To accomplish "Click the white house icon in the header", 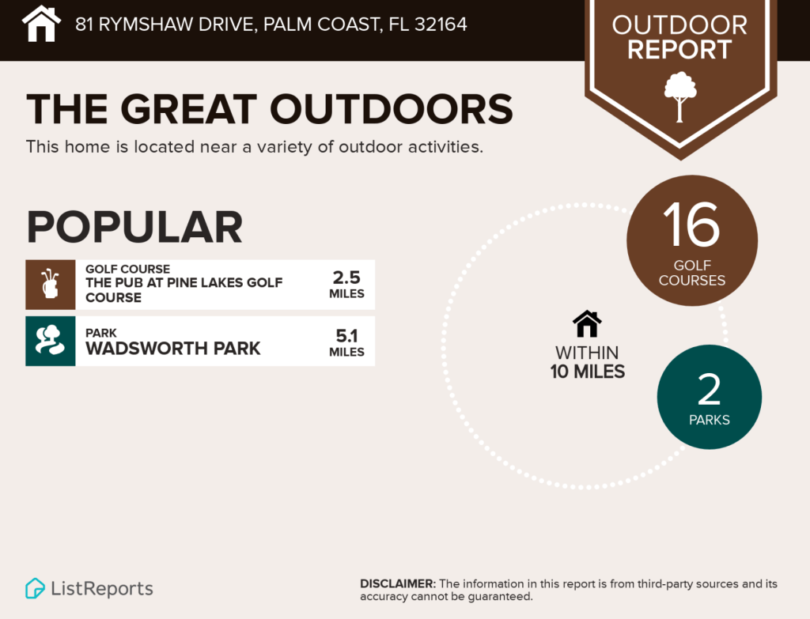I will click(x=42, y=24).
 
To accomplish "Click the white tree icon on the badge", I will click(x=679, y=96).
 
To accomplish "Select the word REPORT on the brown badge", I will click(x=679, y=51).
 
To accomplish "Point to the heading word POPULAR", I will click(x=134, y=227).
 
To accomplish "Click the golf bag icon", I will click(x=51, y=285).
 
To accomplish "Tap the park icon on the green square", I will click(x=51, y=341).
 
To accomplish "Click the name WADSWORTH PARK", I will click(x=172, y=349).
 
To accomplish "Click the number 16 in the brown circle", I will click(x=691, y=225).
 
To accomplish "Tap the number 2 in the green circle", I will click(x=709, y=390).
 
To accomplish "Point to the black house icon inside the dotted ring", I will click(x=587, y=323).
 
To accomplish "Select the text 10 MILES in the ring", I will click(x=588, y=371).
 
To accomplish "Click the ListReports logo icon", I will click(x=35, y=588).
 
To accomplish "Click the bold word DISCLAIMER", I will click(x=397, y=584).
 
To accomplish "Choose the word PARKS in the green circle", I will click(x=709, y=420).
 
